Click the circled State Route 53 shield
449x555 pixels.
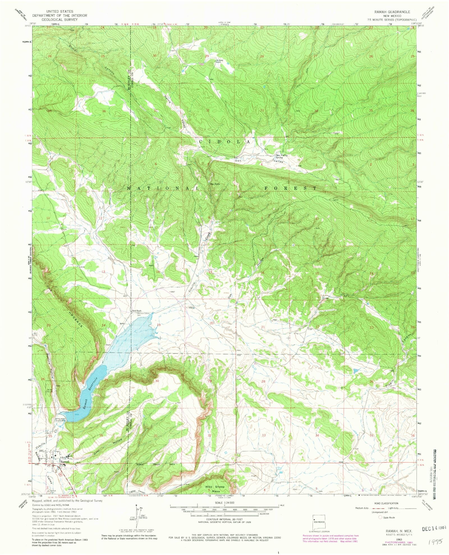pos(60,474)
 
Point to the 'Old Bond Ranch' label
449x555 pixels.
pos(219,61)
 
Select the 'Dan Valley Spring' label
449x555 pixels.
pos(281,156)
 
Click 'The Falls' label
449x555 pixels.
pos(214,184)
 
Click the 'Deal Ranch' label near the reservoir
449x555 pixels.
pos(137,311)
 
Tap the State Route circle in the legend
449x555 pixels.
pos(380,517)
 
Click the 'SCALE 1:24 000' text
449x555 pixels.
pos(224,503)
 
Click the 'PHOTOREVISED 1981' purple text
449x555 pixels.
pos(396,542)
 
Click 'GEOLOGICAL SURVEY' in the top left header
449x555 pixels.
pos(56,20)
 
